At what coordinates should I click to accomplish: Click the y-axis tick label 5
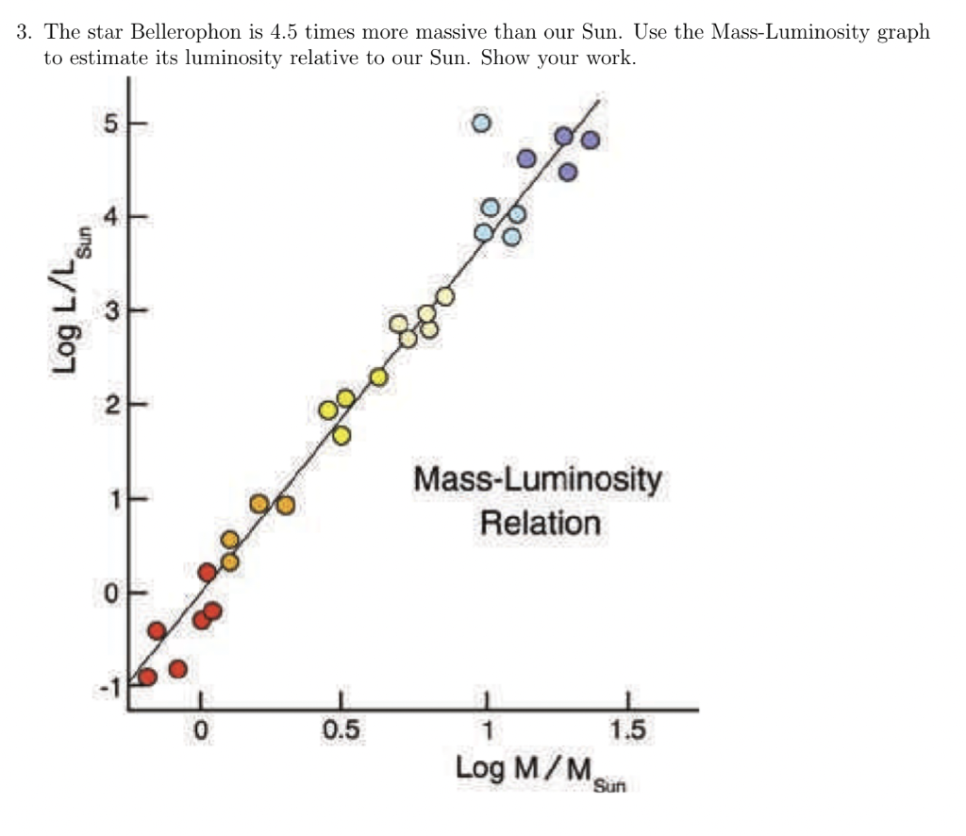[111, 124]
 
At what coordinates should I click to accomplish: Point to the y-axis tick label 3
[111, 310]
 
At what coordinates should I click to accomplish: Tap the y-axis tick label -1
[109, 688]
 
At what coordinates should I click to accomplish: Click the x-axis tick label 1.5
[627, 731]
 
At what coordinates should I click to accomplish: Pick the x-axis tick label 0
[200, 731]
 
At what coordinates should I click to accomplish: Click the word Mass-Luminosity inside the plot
[538, 480]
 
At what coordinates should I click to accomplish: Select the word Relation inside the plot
[540, 522]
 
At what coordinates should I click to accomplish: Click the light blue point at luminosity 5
[481, 124]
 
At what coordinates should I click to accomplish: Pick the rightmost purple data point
[591, 141]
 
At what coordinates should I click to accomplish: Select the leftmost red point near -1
[147, 677]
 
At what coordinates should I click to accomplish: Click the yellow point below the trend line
[341, 435]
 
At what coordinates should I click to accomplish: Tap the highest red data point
[208, 572]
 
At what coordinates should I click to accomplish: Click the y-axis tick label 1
[112, 499]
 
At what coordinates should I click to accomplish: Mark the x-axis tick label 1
[486, 731]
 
